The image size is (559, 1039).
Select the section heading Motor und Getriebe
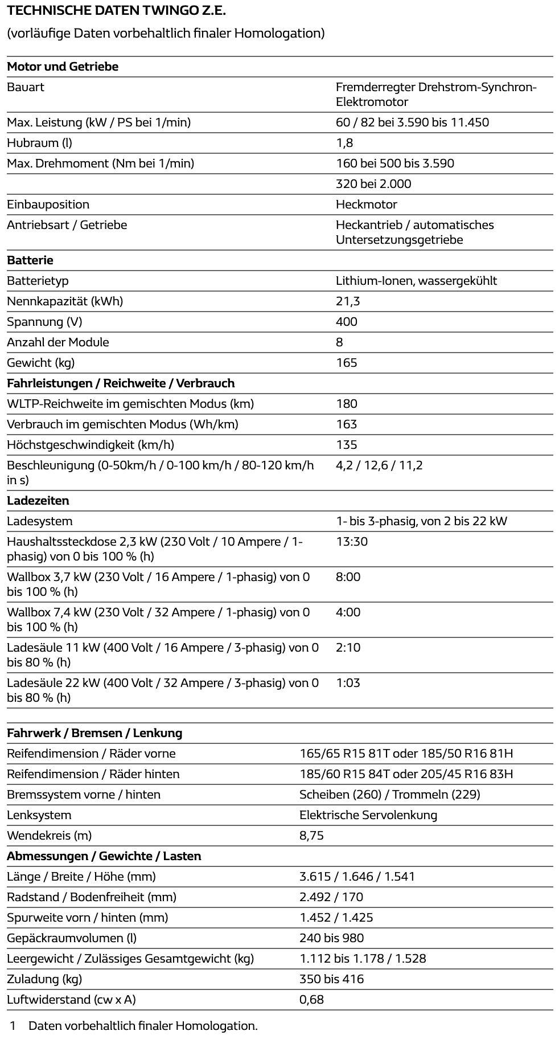(x=63, y=67)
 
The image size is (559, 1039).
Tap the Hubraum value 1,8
(x=344, y=143)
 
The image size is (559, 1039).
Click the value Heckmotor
(x=366, y=204)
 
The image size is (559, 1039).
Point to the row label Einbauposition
(x=48, y=204)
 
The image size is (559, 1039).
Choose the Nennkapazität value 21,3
(x=348, y=301)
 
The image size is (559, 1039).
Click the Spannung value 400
(x=346, y=322)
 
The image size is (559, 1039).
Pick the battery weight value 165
(x=346, y=363)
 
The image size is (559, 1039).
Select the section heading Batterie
(x=30, y=260)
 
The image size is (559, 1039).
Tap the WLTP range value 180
(x=346, y=404)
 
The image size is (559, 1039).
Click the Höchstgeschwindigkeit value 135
(x=346, y=445)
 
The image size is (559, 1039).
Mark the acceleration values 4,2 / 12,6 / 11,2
(x=379, y=465)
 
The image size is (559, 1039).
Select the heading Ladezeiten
(x=38, y=501)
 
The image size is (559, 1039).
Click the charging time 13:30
(x=352, y=542)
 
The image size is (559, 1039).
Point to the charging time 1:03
(x=348, y=683)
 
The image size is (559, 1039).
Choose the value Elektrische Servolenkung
(x=368, y=815)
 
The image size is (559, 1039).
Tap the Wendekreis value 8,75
(x=311, y=836)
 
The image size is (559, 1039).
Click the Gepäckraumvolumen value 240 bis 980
(x=331, y=938)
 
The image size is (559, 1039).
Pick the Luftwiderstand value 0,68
(x=311, y=1000)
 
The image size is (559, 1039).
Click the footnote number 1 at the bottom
(x=13, y=1026)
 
